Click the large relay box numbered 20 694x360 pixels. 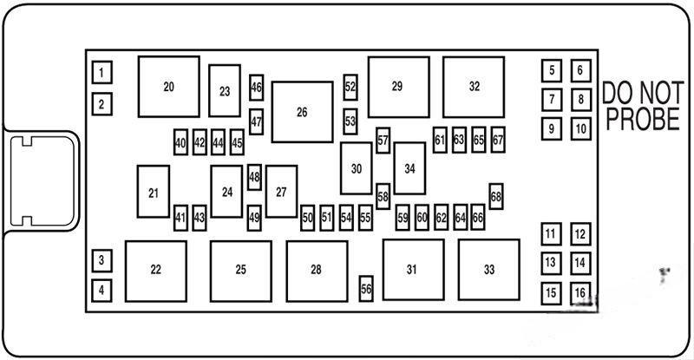168,87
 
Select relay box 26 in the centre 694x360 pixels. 302,112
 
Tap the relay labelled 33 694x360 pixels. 489,270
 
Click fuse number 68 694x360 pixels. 496,196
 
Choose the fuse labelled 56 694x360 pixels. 366,290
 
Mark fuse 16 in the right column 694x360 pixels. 579,292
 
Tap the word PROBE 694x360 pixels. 642,121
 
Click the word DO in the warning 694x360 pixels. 618,92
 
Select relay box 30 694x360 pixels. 356,168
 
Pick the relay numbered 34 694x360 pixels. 409,168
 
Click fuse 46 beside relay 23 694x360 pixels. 256,87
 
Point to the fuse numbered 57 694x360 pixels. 383,139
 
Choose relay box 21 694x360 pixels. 154,193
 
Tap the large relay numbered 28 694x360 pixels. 318,270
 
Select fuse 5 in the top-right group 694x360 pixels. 551,70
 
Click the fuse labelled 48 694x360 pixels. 254,177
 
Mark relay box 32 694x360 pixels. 474,87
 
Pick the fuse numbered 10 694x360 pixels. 579,129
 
